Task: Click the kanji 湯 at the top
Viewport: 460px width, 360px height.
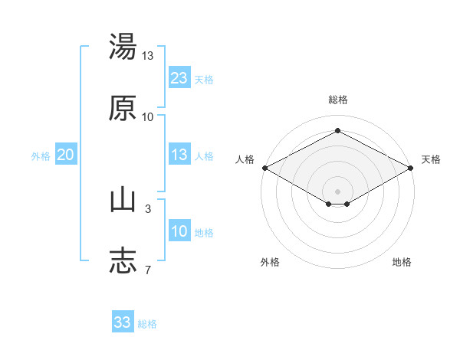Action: click(123, 46)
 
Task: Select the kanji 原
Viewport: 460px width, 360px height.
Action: click(123, 108)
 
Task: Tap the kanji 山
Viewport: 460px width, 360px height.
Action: click(123, 201)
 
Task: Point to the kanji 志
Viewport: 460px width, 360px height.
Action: click(123, 261)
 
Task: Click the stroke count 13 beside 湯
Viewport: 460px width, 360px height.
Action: click(147, 56)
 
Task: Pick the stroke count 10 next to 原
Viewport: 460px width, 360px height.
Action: click(147, 117)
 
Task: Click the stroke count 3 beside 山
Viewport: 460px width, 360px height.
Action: click(148, 209)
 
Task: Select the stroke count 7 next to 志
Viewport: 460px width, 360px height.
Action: click(148, 270)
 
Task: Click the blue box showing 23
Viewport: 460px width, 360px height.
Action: click(179, 77)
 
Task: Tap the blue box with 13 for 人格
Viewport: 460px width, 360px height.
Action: click(179, 154)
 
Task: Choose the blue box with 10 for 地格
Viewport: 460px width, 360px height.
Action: click(179, 230)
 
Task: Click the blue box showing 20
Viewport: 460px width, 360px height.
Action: click(66, 154)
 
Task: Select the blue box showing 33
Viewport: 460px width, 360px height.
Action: click(123, 321)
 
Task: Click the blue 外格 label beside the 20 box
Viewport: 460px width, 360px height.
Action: click(41, 156)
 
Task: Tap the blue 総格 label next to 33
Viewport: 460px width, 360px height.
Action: click(147, 324)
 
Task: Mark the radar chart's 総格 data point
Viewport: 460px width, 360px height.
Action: click(337, 130)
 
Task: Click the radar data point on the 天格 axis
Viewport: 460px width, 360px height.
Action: click(411, 168)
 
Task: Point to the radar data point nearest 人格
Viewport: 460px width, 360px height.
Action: click(265, 168)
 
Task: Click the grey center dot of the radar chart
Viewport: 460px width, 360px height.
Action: click(337, 191)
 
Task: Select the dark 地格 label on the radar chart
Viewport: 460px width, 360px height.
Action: click(402, 262)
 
